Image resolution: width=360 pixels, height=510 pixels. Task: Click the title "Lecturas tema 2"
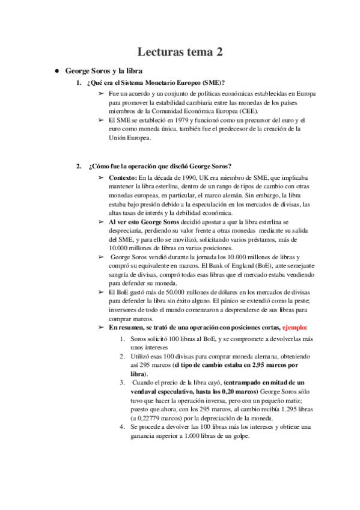(180, 52)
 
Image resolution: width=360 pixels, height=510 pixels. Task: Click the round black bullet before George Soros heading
(56, 70)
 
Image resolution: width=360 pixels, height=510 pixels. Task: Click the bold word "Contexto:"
(123, 178)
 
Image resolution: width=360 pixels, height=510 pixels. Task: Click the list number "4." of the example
(123, 427)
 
